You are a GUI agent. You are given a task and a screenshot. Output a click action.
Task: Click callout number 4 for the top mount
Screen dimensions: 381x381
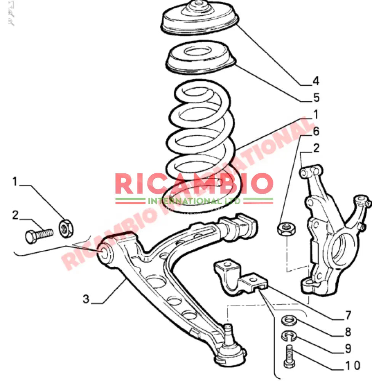tap(315, 81)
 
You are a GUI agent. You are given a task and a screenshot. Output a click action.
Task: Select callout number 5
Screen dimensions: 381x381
tap(316, 98)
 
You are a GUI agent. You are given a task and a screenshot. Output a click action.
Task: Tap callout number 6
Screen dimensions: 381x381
tap(316, 132)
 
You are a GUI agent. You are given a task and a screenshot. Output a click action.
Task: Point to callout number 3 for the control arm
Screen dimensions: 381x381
tap(86, 299)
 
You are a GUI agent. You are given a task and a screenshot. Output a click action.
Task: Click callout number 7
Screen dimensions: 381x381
tap(347, 315)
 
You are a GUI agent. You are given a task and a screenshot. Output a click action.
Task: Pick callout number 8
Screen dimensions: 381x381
tap(347, 332)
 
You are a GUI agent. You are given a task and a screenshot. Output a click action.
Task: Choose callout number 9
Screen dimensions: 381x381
tap(347, 348)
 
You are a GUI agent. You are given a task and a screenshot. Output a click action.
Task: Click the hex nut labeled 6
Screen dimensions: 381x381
tap(283, 229)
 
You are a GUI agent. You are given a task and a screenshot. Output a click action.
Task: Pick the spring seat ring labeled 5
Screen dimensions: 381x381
tap(200, 58)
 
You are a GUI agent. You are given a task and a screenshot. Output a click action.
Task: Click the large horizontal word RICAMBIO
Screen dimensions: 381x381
tap(194, 184)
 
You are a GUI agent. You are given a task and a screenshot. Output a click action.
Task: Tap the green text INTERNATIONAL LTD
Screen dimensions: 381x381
tap(194, 200)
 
